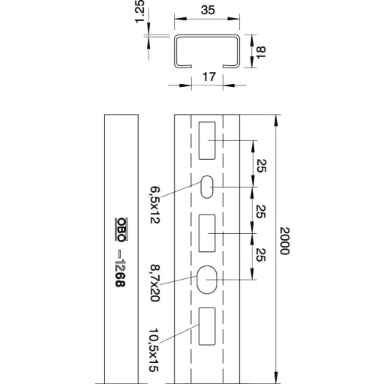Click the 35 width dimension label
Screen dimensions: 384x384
pyautogui.click(x=208, y=10)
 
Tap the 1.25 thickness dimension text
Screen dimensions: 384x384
pyautogui.click(x=140, y=11)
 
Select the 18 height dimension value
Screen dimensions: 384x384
pyautogui.click(x=262, y=52)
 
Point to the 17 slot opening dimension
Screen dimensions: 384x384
pyautogui.click(x=209, y=76)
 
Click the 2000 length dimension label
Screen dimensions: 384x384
pyautogui.click(x=285, y=241)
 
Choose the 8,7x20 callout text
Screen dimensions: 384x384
pyautogui.click(x=155, y=283)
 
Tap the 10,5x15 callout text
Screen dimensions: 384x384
pyautogui.click(x=154, y=350)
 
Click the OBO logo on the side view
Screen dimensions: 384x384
pyautogui.click(x=121, y=229)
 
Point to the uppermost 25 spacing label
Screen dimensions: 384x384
pyautogui.click(x=262, y=166)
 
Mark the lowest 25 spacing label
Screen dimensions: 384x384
pyautogui.click(x=261, y=255)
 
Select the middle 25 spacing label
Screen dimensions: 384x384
pyautogui.click(x=261, y=211)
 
